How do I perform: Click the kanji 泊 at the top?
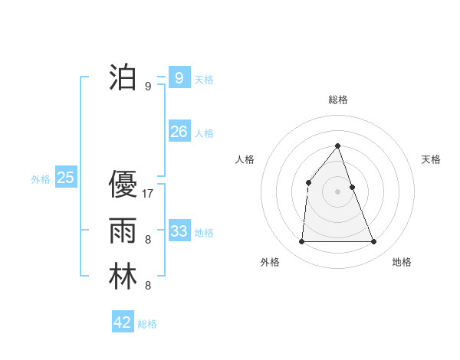click(x=123, y=77)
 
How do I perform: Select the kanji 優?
click(x=123, y=185)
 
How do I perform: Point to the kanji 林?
click(x=123, y=277)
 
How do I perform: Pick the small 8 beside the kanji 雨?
click(x=148, y=240)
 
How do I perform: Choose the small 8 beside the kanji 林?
click(x=148, y=286)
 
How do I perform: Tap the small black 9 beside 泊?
click(x=148, y=87)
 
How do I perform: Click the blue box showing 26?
click(x=179, y=132)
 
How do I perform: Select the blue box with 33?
click(x=179, y=231)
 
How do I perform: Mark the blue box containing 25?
click(x=66, y=178)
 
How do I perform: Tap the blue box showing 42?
click(x=123, y=322)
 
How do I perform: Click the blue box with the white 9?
click(x=179, y=77)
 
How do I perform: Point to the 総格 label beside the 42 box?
click(x=147, y=324)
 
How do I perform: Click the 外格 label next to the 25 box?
click(x=41, y=179)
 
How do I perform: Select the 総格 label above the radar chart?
click(x=337, y=100)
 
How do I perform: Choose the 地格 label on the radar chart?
click(x=402, y=262)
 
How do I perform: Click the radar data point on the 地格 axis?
click(x=374, y=242)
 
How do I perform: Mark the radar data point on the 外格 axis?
click(x=301, y=242)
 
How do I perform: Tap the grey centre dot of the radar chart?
click(x=337, y=191)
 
